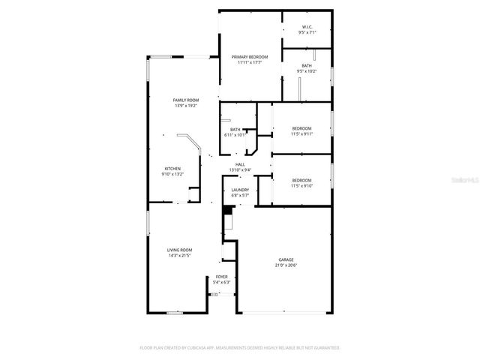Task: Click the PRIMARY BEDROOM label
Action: coord(250,57)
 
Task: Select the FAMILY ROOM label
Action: coord(185,100)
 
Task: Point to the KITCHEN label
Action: coord(172,169)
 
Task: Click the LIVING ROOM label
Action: coord(179,250)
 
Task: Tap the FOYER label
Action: coord(221,277)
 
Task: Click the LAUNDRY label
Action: coord(240,190)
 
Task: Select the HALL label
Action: coord(240,164)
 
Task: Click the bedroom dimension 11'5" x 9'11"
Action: coord(301,134)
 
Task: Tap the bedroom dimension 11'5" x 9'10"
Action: coord(301,185)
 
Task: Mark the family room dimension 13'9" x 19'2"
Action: coord(185,105)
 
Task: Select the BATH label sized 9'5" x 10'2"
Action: coord(307,66)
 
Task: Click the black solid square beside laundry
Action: coord(228,211)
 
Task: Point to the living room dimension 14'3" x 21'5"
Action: coord(179,255)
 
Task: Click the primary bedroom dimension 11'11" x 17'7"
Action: coord(250,62)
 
